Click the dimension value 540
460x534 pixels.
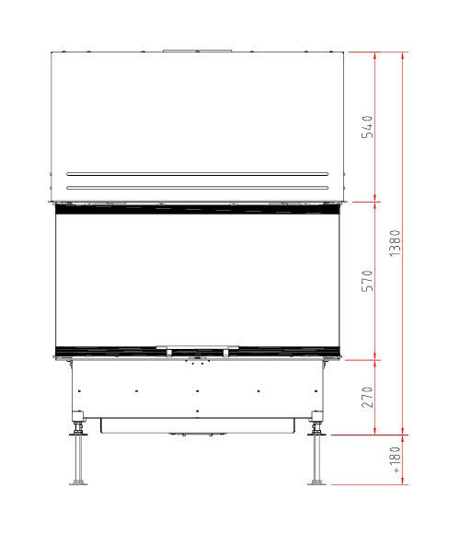(367, 127)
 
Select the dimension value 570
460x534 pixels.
(367, 281)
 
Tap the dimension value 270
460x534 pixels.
(367, 397)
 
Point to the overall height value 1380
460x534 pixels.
(395, 243)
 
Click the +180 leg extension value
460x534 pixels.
(395, 459)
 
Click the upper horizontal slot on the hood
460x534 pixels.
(197, 174)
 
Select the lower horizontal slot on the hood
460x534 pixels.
(197, 188)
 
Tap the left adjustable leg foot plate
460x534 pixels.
(78, 482)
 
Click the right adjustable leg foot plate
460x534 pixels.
(316, 482)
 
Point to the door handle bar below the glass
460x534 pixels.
(197, 348)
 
